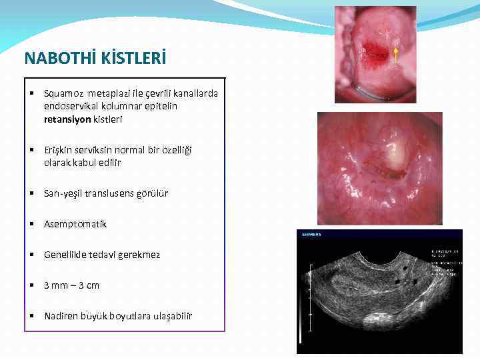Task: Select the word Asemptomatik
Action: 75,224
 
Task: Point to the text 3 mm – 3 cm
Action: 71,285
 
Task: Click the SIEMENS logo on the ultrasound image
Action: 312,235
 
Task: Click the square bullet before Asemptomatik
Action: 31,224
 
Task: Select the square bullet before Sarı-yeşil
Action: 31,193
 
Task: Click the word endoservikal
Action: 72,106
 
